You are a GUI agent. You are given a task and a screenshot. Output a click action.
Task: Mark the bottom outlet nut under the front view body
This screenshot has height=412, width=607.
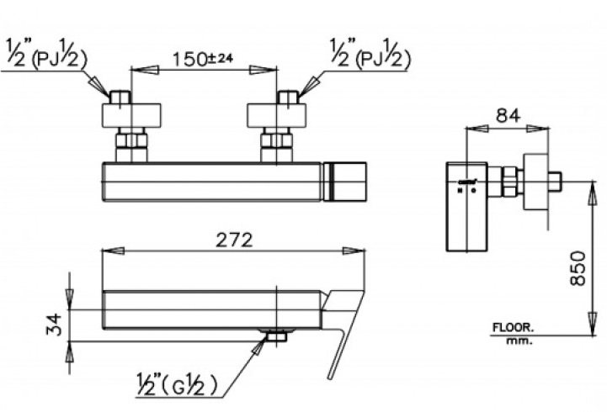[x=275, y=336]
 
